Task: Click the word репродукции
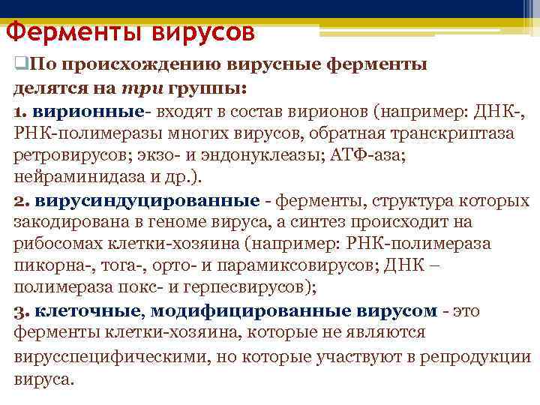[475, 355]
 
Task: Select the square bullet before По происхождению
[18, 64]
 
